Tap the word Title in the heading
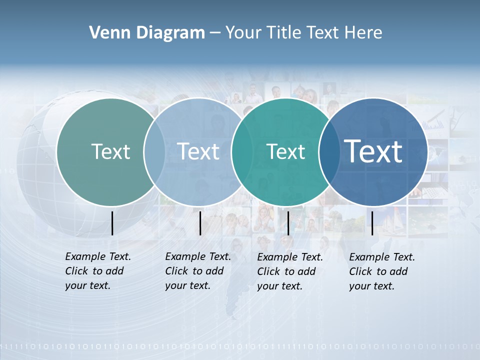coord(283,32)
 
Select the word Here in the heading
coord(363,32)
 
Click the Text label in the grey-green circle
coord(110,151)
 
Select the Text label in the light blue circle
coord(198,151)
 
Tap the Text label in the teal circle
coord(286,151)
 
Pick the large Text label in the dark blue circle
coord(373,151)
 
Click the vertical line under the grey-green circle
coord(112,223)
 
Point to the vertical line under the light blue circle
coord(200,223)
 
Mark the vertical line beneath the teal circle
coord(288,223)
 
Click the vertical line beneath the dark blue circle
coord(372,223)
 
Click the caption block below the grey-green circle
coord(98,271)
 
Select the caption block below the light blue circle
coord(198,271)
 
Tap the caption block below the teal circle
coord(290,271)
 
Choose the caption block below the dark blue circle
coord(382,271)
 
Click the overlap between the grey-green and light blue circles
coord(154,151)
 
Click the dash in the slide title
coord(215,33)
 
